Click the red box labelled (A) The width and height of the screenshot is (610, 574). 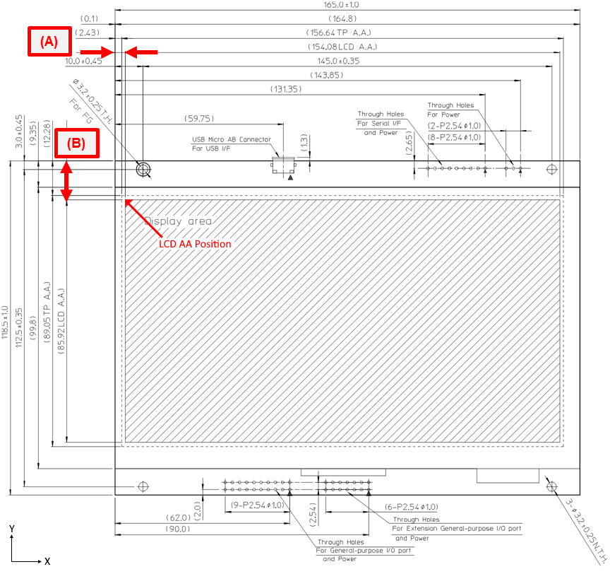click(x=49, y=41)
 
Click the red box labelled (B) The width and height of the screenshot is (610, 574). click(x=77, y=143)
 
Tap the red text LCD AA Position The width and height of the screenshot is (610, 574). click(x=195, y=244)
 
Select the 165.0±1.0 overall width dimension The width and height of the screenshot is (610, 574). click(x=341, y=5)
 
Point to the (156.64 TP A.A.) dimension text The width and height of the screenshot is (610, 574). click(x=338, y=33)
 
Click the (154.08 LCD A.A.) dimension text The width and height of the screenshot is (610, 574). click(x=342, y=47)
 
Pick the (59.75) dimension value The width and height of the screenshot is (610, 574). click(x=199, y=118)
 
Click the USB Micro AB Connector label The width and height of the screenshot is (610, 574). click(x=231, y=139)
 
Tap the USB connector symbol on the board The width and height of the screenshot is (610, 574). click(x=283, y=165)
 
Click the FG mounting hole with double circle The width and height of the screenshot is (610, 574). click(x=143, y=170)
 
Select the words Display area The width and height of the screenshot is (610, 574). click(x=178, y=221)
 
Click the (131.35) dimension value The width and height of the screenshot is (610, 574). click(x=286, y=89)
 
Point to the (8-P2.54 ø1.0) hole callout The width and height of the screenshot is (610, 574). click(x=455, y=137)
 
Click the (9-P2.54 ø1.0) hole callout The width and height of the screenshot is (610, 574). click(x=258, y=505)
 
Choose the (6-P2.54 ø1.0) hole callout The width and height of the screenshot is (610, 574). click(x=411, y=507)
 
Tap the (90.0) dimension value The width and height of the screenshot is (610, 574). click(x=178, y=529)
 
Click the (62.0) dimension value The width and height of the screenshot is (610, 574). click(x=178, y=517)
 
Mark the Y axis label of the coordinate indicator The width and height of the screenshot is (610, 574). click(x=12, y=529)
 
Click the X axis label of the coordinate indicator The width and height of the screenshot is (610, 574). click(x=47, y=561)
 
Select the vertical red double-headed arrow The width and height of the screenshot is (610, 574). click(x=66, y=181)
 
